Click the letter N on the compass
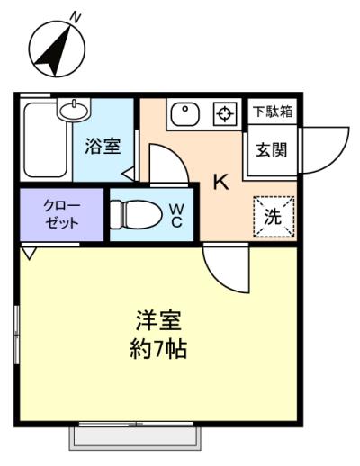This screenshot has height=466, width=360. pos(75,18)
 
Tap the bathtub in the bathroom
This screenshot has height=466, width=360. pos(45,140)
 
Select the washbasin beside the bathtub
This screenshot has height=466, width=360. pos(75,110)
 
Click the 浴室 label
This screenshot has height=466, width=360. pos(103,147)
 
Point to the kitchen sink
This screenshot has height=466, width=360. pos(185,114)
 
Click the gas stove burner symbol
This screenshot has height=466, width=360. pos(225,114)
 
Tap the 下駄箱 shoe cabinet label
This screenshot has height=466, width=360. pos(273,112)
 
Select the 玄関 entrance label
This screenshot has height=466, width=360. pos(272,149)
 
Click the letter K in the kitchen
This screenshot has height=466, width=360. pos(221,182)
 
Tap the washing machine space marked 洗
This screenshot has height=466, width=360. pos(274,217)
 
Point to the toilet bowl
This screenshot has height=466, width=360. pos(136,214)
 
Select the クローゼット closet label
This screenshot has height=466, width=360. pos(62,214)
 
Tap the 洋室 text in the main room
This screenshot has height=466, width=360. pos(158,321)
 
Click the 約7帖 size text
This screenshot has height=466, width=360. pos(158,349)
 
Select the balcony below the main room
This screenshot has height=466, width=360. pos(135,438)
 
